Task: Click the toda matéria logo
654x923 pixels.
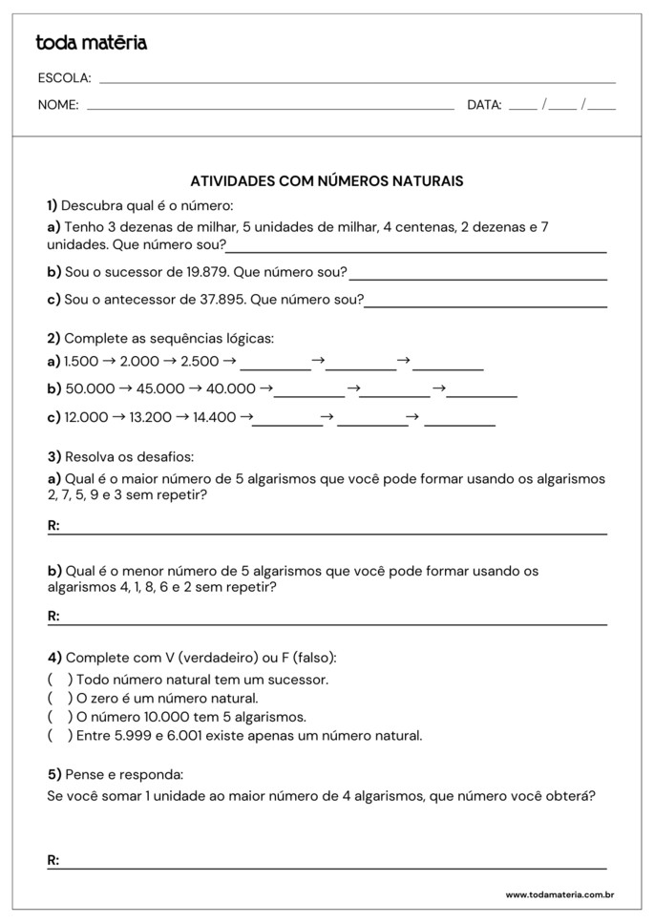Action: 92,43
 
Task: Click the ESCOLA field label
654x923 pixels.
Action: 64,78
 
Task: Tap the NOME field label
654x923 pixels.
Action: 58,105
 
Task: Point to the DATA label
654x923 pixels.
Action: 484,105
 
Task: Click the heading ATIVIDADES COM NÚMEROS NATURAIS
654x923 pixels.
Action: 327,180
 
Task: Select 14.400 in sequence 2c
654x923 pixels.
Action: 214,417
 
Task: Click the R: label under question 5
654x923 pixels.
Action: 53,861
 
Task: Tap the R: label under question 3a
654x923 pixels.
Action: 53,526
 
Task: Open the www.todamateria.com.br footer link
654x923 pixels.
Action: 559,895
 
